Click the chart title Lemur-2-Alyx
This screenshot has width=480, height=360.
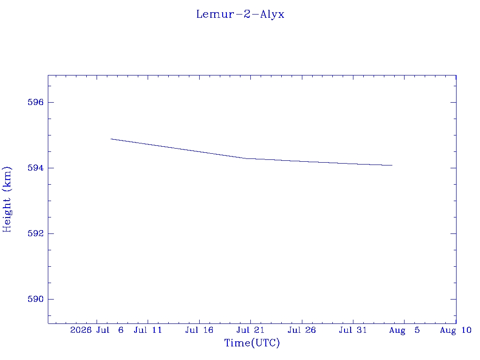(x=240, y=15)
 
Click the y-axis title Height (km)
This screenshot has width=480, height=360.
(x=7, y=199)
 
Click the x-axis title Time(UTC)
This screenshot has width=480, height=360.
(x=252, y=343)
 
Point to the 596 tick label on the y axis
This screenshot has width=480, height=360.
(x=36, y=102)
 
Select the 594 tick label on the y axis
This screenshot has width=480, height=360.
(x=36, y=168)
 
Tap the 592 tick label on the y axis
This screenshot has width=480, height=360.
(x=36, y=233)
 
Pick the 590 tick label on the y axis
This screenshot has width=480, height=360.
(x=36, y=299)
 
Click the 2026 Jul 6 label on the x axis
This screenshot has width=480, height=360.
(x=97, y=330)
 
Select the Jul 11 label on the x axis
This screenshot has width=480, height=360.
(x=148, y=330)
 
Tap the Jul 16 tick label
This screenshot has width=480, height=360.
(x=199, y=330)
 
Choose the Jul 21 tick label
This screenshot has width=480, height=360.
(x=250, y=330)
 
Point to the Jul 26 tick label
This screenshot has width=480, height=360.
(x=302, y=330)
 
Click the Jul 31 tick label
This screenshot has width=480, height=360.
(x=353, y=330)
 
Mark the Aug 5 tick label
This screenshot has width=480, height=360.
(x=405, y=330)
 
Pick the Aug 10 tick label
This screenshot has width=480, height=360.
(x=456, y=330)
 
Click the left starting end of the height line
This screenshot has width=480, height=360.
(x=111, y=139)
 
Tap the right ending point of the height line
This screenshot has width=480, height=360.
(x=392, y=165)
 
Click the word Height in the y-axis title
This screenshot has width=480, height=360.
(x=7, y=215)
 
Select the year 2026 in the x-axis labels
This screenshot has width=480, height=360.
(x=81, y=330)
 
